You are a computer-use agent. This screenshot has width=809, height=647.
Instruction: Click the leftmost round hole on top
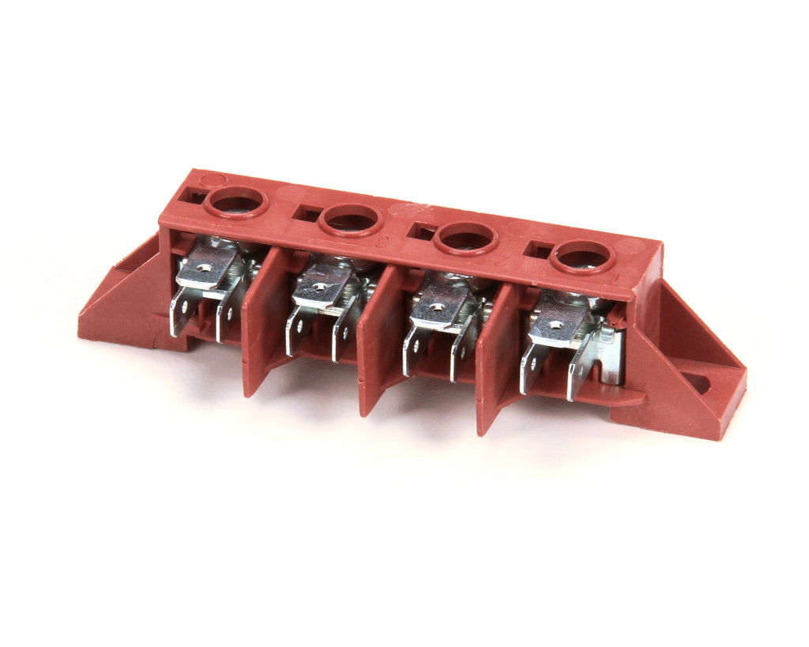pos(235,201)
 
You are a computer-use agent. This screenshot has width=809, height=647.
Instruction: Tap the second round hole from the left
pos(351,219)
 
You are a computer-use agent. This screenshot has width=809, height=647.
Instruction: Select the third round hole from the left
pos(466,237)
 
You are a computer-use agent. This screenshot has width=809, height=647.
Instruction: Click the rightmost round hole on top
pos(583,257)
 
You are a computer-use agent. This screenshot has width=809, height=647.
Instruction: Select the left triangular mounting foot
pos(119,296)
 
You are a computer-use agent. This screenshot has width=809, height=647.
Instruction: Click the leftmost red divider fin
pos(259,324)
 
